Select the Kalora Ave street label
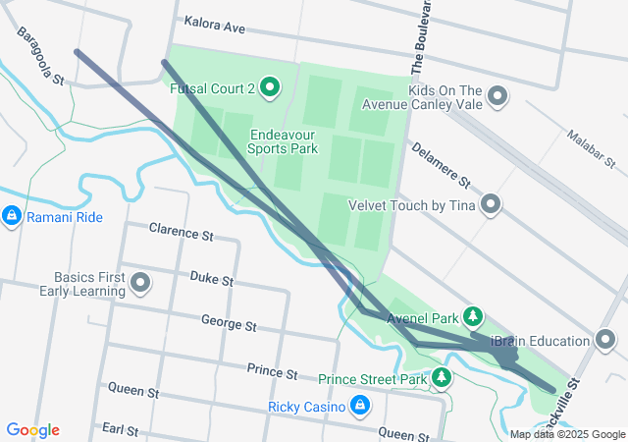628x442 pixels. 214,28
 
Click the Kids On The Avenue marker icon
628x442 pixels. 497,96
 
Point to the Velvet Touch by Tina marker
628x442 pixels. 491,205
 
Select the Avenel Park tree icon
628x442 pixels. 474,315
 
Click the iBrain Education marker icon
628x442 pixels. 607,341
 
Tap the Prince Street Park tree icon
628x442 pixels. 443,378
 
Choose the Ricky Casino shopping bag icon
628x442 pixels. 360,406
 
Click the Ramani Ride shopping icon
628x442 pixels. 12,215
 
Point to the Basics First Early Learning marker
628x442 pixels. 140,284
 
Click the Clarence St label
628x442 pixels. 181,234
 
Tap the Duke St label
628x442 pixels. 211,280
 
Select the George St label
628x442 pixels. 229,323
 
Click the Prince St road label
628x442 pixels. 272,373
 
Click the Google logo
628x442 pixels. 32,430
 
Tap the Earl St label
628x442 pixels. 120,429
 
